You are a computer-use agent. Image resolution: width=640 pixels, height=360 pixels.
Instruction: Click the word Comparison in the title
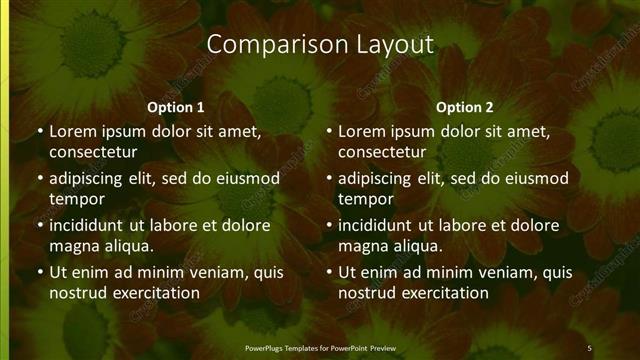click(x=263, y=45)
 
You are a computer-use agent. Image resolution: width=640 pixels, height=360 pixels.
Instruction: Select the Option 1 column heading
click(x=176, y=107)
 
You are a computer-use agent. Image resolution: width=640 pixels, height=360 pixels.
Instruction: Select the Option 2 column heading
click(x=465, y=107)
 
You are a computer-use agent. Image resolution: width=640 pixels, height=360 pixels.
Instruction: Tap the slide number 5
click(x=589, y=348)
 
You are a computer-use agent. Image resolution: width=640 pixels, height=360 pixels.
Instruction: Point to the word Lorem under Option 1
click(x=72, y=131)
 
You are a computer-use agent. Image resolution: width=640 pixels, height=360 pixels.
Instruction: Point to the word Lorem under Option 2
click(x=361, y=131)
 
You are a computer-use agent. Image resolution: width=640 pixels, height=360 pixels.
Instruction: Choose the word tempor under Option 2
click(x=366, y=198)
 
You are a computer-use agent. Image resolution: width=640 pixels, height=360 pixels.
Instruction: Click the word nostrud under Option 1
click(x=78, y=292)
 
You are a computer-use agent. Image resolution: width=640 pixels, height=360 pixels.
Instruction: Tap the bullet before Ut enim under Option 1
click(x=38, y=271)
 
